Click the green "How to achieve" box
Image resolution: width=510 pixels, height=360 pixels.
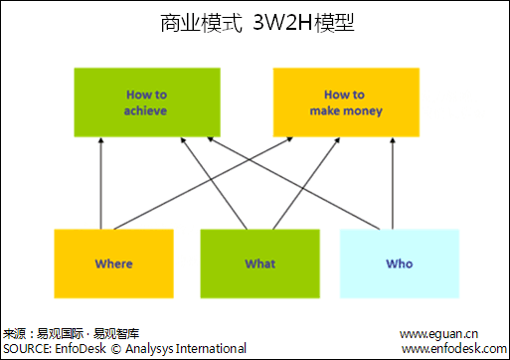(x=146, y=102)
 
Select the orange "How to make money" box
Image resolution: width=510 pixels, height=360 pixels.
(x=345, y=102)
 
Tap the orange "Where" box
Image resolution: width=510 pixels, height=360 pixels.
(x=113, y=264)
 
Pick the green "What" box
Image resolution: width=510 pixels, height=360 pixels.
(x=259, y=264)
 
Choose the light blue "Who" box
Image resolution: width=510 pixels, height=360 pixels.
(x=399, y=264)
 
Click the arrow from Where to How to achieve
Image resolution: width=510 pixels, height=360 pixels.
(x=100, y=184)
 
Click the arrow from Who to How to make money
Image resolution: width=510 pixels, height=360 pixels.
(x=391, y=184)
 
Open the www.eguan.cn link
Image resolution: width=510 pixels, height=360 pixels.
(x=439, y=333)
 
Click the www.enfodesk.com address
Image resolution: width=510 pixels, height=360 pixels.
(x=452, y=348)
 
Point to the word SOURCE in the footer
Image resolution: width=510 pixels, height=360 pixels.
(x=26, y=348)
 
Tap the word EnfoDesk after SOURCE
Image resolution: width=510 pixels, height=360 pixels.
(x=80, y=348)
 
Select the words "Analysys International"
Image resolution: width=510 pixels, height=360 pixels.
(x=185, y=348)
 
